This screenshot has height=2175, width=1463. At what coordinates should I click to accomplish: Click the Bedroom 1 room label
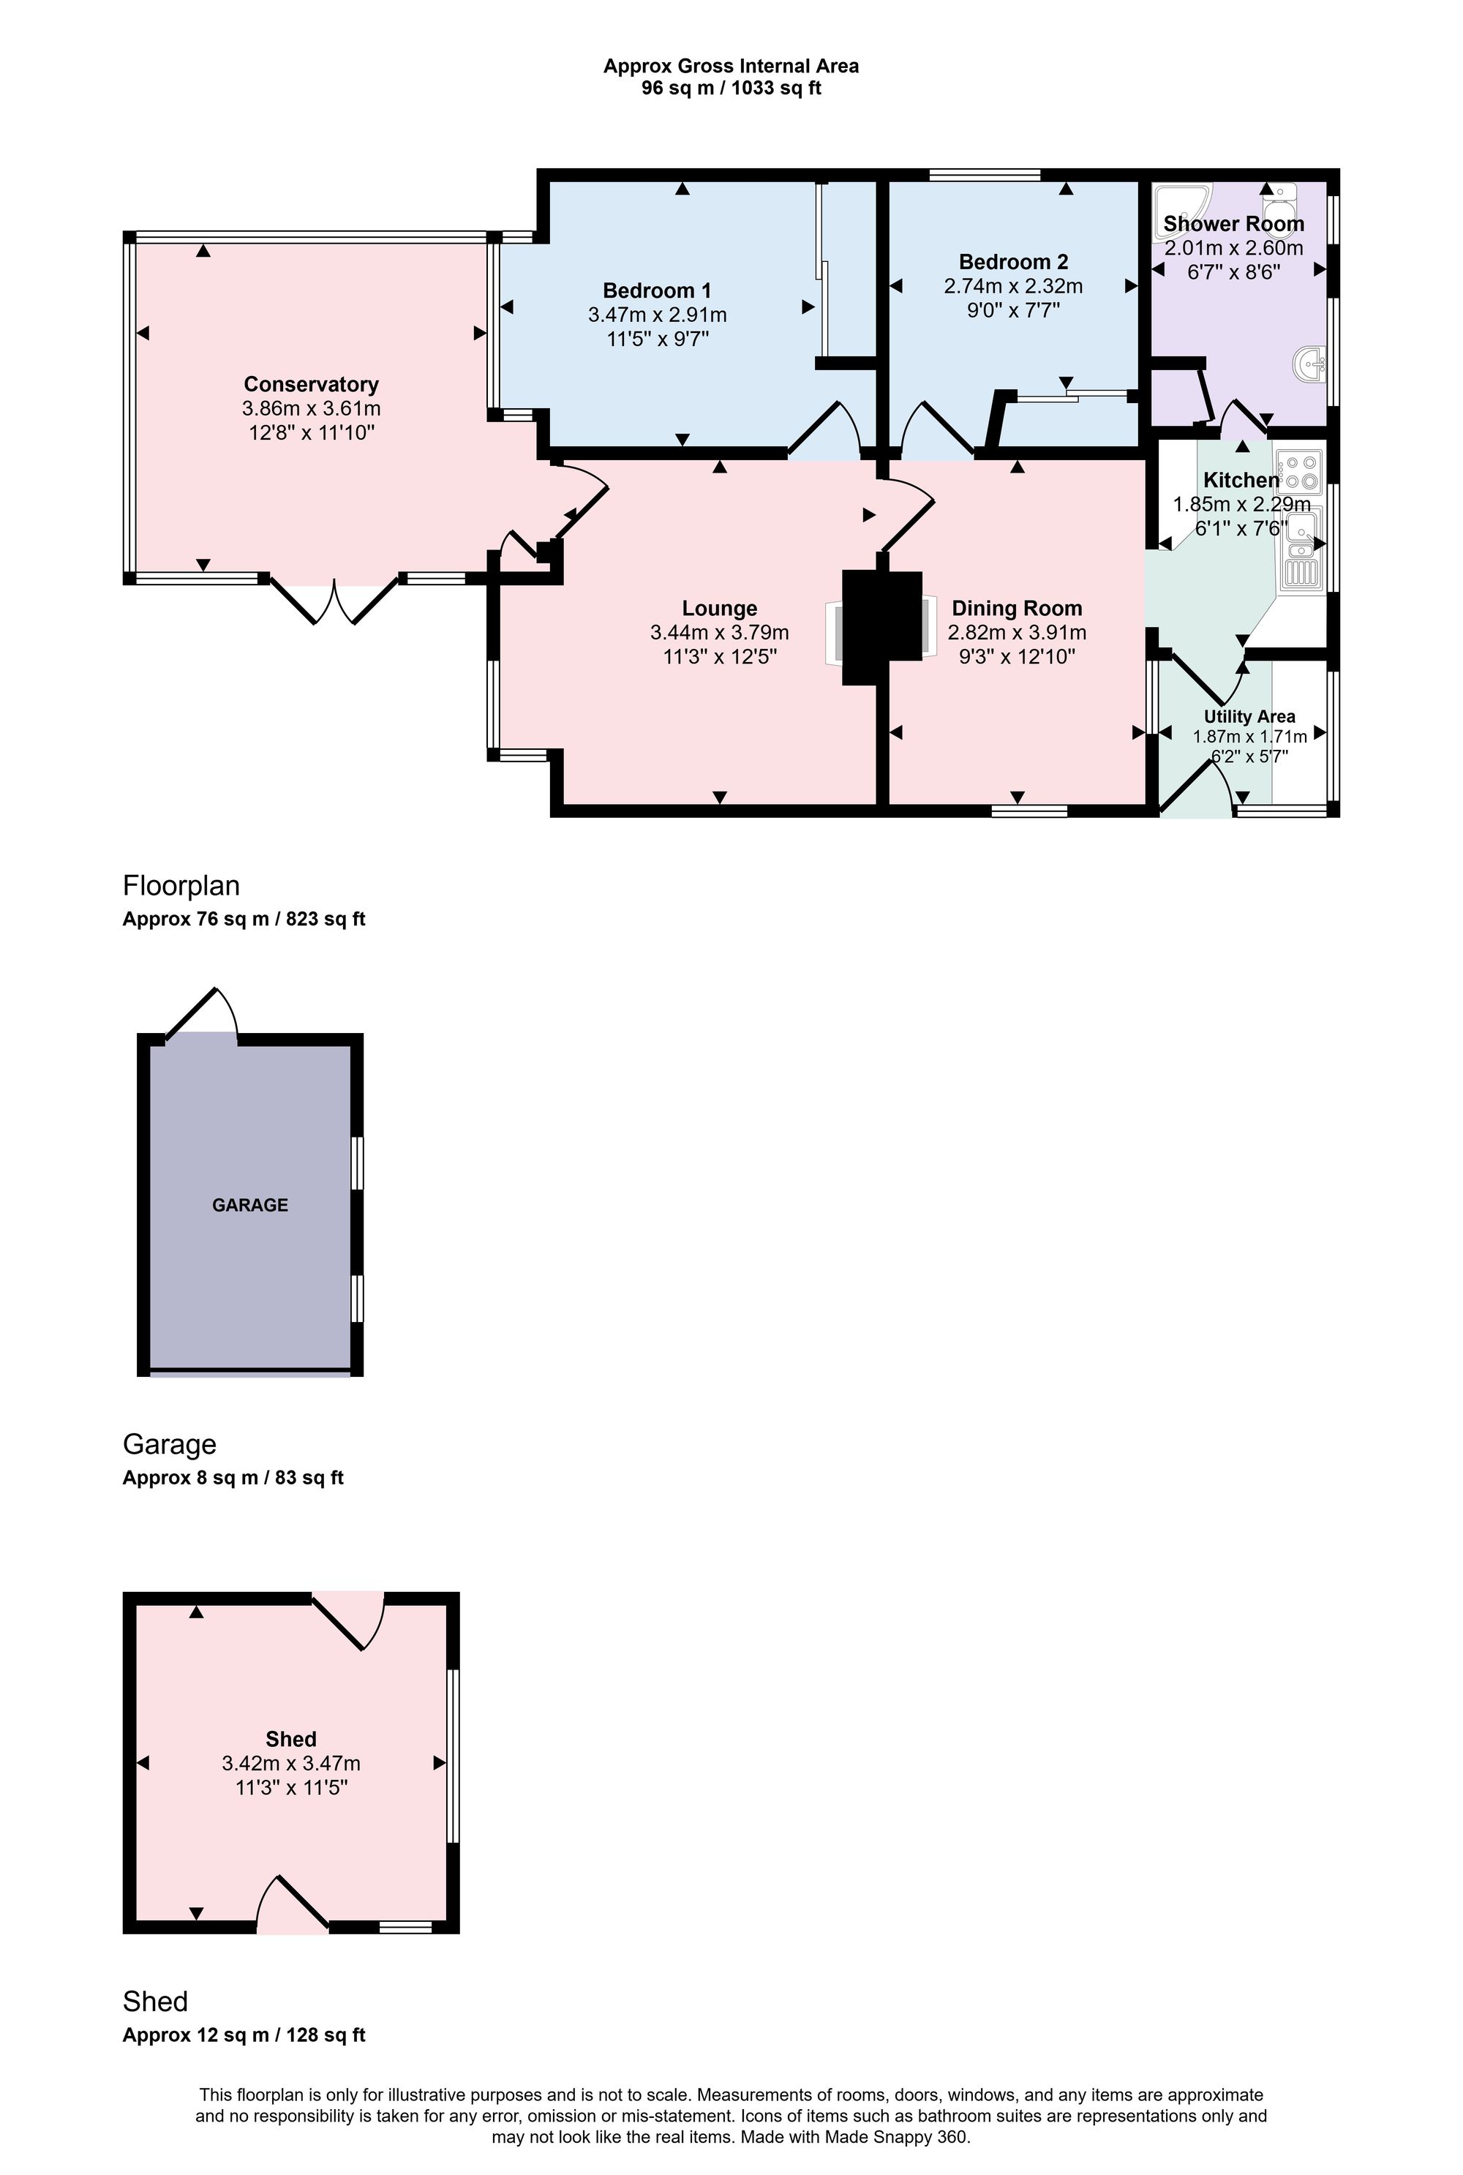point(657,290)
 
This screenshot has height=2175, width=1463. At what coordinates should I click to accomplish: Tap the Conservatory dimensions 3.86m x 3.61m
point(311,409)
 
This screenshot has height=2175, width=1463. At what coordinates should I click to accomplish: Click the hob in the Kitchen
point(1300,472)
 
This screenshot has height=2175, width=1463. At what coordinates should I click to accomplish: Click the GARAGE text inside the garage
point(250,1205)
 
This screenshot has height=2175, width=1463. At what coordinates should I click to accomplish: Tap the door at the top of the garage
point(203,1013)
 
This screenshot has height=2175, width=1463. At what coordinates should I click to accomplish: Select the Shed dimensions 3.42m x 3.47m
point(291,1764)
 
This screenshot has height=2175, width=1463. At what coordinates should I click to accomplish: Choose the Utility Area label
point(1249,717)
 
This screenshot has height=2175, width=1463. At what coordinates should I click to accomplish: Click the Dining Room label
point(1017,609)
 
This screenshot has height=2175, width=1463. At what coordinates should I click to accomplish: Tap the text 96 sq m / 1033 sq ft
point(731,89)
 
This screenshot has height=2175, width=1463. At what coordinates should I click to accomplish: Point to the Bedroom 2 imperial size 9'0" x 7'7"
point(1014,309)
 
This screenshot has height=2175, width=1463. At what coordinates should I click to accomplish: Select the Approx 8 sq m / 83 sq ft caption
point(233,1478)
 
